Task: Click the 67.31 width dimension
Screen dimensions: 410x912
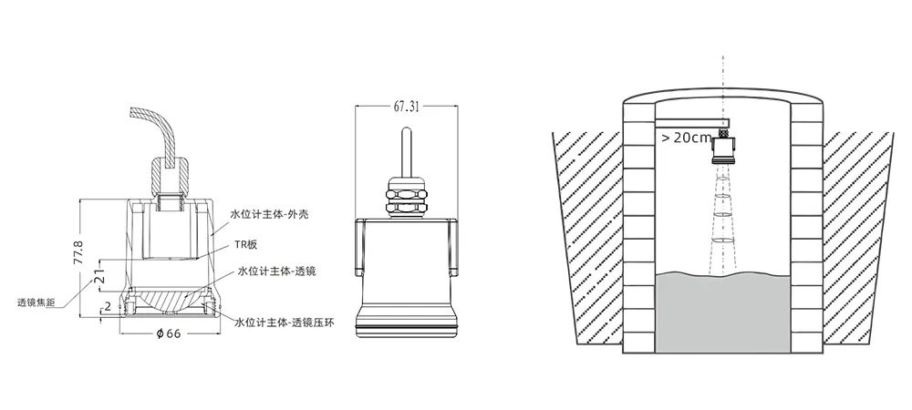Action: (407, 106)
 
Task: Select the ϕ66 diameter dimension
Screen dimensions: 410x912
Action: (169, 333)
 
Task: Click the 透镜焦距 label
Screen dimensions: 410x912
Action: (37, 301)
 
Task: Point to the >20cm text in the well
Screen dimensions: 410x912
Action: (686, 138)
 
